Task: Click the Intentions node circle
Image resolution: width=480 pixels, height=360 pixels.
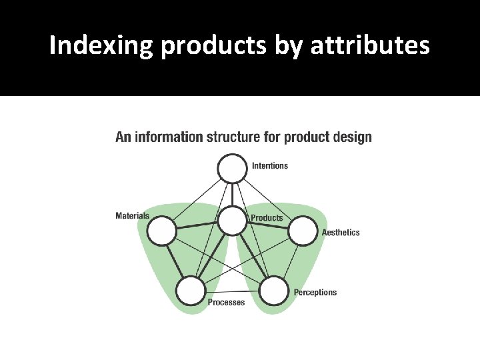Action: (233, 169)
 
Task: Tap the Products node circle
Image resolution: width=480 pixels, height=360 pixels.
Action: (233, 221)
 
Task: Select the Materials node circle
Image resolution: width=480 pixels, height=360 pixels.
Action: (161, 232)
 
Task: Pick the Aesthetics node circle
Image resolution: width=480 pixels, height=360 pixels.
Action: (303, 231)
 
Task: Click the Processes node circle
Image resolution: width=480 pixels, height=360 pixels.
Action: (191, 291)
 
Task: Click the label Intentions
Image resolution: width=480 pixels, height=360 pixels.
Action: (270, 165)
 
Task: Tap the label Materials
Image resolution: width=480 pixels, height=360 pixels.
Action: (132, 215)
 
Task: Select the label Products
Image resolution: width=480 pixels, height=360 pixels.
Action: (267, 218)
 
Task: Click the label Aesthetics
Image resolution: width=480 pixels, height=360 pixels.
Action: (341, 233)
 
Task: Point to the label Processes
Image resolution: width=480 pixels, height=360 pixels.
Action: (226, 303)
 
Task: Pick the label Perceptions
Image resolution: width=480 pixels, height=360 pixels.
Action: (315, 293)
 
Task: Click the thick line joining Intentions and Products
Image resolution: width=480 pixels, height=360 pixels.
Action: (233, 195)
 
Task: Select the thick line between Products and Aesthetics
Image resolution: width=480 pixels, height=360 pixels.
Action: (268, 226)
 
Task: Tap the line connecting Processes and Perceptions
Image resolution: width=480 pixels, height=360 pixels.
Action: (232, 292)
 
